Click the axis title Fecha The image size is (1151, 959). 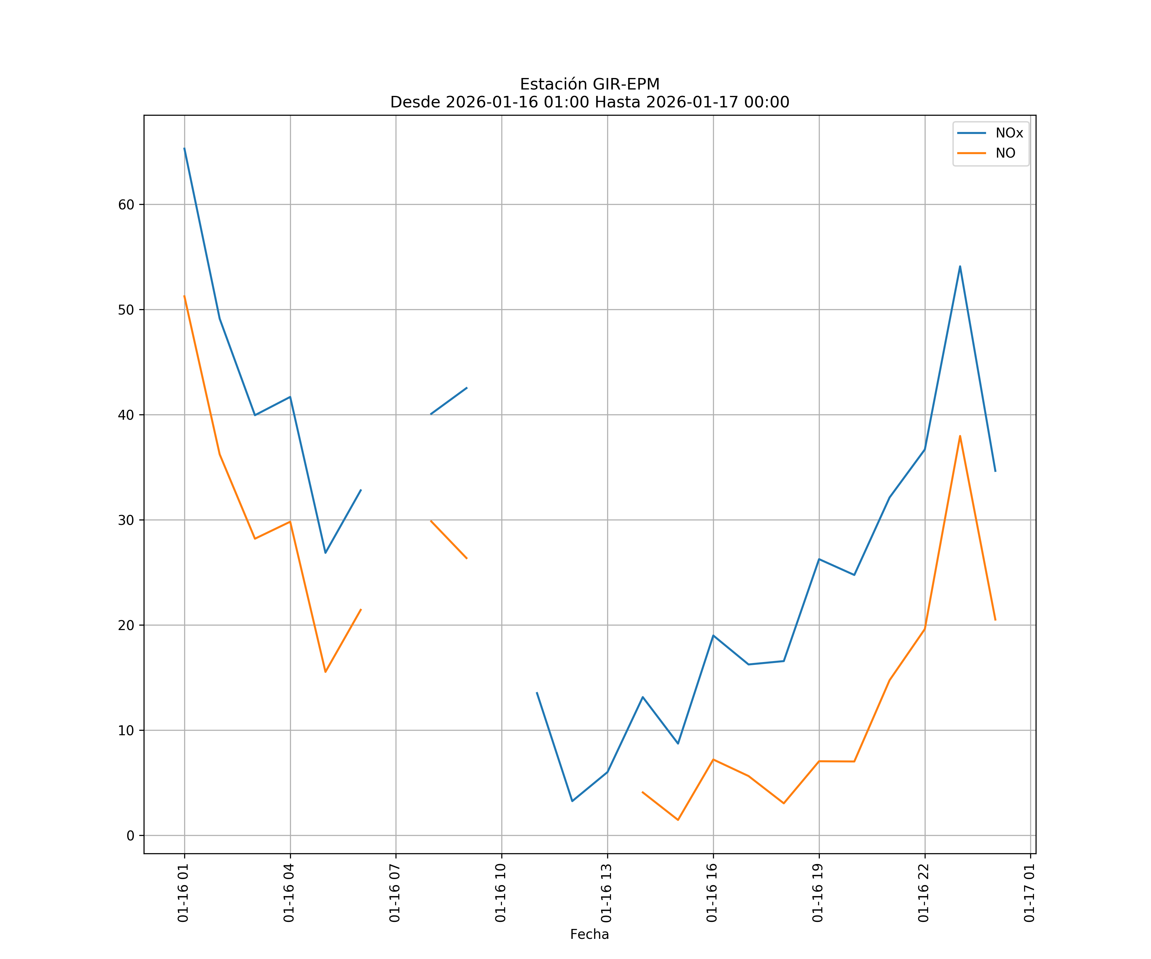[x=589, y=934]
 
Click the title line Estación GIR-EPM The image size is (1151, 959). [x=589, y=84]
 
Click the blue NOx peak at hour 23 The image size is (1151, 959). [x=960, y=266]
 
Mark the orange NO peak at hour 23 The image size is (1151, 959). [x=960, y=436]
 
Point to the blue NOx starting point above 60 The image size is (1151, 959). [x=184, y=148]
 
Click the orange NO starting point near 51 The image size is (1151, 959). [x=184, y=296]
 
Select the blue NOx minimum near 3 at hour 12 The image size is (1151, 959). [x=572, y=801]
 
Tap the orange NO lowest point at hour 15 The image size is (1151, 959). [x=678, y=820]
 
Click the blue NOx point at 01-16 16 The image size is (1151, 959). [x=713, y=635]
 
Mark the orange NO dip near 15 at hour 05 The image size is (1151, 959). [x=325, y=672]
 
